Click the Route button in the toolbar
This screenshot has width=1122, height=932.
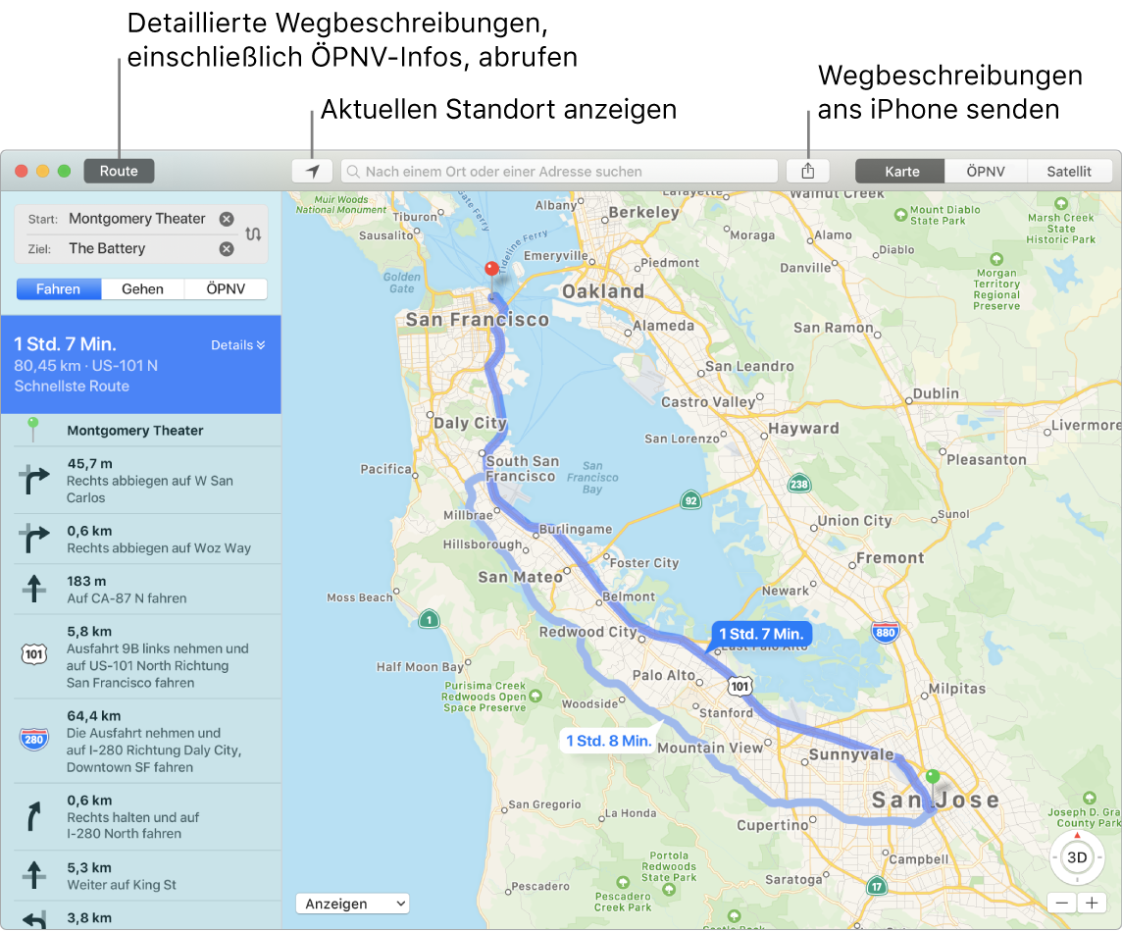pyautogui.click(x=119, y=171)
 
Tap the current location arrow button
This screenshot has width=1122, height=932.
pyautogui.click(x=312, y=171)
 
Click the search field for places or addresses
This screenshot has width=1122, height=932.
pyautogui.click(x=559, y=171)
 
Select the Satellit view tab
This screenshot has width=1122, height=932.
pyautogui.click(x=1068, y=171)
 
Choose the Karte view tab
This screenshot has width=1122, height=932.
pyautogui.click(x=901, y=171)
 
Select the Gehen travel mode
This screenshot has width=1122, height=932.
pyautogui.click(x=142, y=288)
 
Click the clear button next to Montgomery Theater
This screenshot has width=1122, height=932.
pyautogui.click(x=227, y=219)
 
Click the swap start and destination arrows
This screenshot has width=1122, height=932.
pyautogui.click(x=254, y=233)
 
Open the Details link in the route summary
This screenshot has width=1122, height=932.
pyautogui.click(x=238, y=345)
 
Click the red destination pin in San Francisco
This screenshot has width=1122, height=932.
pyautogui.click(x=492, y=269)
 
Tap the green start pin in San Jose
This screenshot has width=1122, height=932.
pyautogui.click(x=932, y=776)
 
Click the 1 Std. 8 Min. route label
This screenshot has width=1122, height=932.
pyautogui.click(x=608, y=741)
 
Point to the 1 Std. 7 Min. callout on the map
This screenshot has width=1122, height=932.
pyautogui.click(x=761, y=634)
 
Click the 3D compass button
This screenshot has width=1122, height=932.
pyautogui.click(x=1076, y=857)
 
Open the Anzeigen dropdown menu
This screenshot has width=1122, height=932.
pyautogui.click(x=352, y=904)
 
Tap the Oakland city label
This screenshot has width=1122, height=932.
pyautogui.click(x=603, y=291)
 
